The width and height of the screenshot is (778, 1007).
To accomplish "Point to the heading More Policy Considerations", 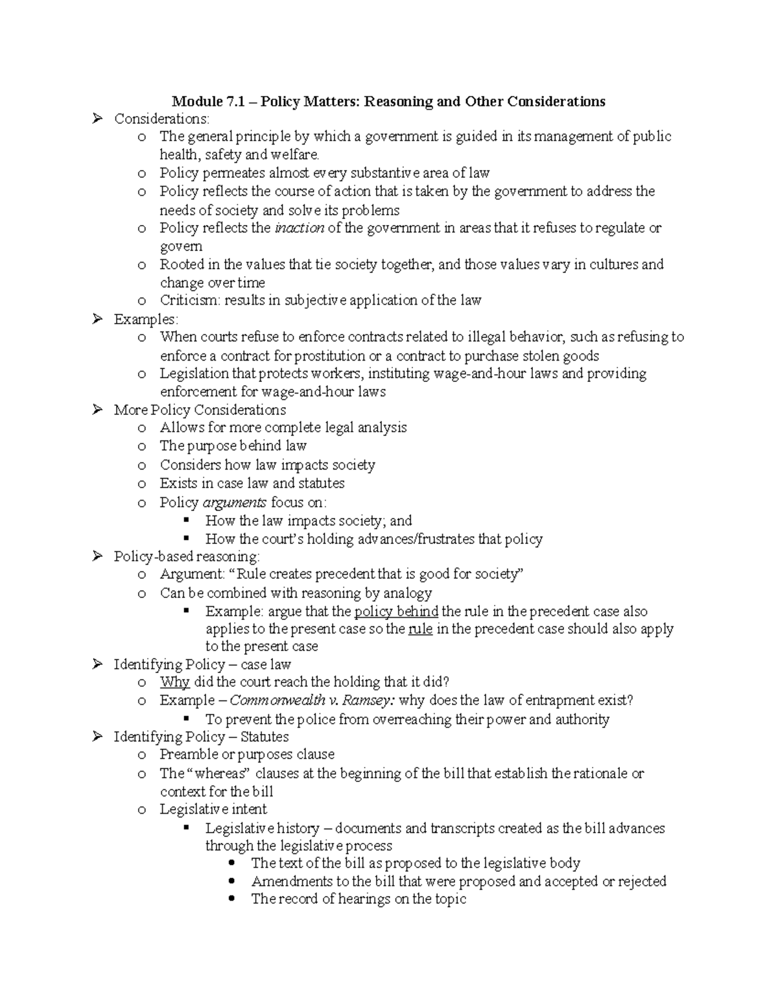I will click(x=200, y=410).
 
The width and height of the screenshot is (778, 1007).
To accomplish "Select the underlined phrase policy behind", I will click(x=396, y=611).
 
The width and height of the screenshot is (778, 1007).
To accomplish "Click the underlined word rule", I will click(x=420, y=629).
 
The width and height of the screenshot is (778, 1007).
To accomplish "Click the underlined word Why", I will click(x=174, y=681).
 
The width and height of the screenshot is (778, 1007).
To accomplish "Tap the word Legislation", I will click(x=194, y=373).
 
